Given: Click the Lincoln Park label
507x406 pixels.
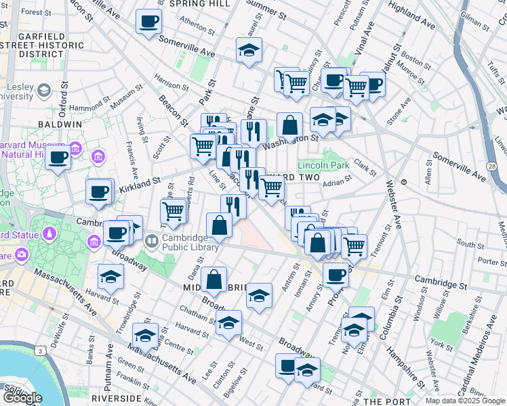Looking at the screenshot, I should click(323, 164).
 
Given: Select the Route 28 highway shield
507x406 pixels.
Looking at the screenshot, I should click(491, 166).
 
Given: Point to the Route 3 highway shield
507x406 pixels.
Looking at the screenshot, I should click(41, 351).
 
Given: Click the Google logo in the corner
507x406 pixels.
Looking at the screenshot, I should click(23, 397).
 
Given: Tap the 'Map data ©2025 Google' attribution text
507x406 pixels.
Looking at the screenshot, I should click(465, 400).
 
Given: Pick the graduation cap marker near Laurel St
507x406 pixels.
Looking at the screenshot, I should click(249, 49).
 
